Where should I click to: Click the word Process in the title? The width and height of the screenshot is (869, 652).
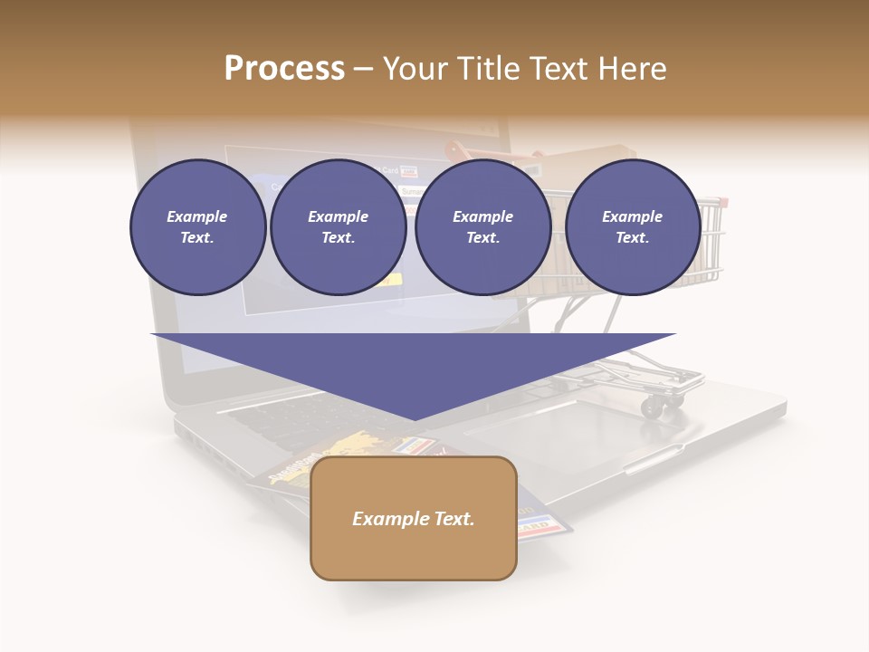click(x=284, y=69)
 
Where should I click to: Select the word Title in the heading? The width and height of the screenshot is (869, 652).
click(x=490, y=69)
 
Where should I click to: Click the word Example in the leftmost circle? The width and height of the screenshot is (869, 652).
click(x=197, y=216)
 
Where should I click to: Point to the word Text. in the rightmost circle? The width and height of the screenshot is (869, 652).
click(x=632, y=237)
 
